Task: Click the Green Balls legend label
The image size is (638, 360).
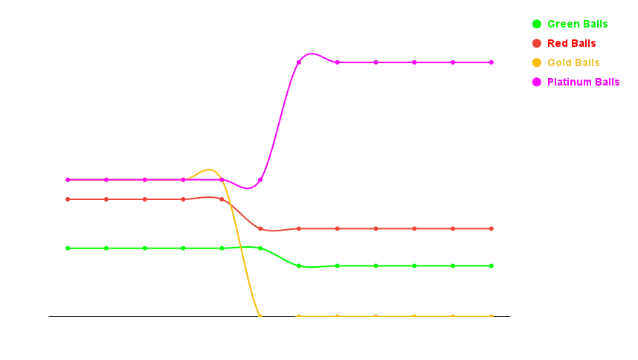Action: click(577, 24)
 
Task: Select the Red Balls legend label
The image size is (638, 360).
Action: click(571, 43)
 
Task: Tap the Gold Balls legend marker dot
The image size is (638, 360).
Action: click(536, 62)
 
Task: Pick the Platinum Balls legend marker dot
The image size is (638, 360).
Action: click(536, 82)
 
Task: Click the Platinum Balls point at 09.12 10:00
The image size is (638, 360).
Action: click(299, 62)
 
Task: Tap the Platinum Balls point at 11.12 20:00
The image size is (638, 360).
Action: click(492, 62)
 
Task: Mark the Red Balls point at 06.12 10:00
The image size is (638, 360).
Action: click(68, 199)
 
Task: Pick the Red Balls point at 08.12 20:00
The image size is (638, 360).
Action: click(260, 228)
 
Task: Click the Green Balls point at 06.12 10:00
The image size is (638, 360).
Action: click(68, 248)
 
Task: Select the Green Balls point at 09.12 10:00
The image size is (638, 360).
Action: click(299, 266)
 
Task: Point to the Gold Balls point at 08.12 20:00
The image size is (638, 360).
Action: click(260, 315)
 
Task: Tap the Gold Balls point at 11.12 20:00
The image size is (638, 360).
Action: click(492, 316)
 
